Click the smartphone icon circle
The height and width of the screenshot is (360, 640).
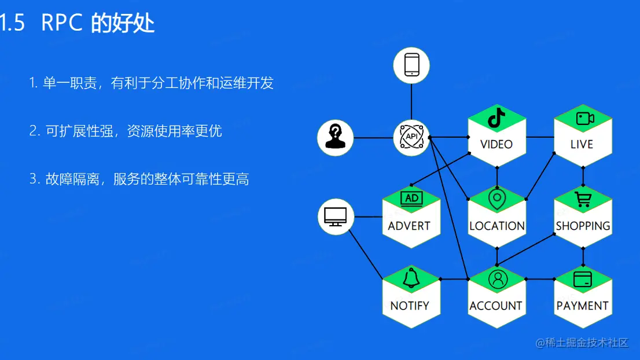(411, 65)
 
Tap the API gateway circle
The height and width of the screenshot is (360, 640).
(411, 138)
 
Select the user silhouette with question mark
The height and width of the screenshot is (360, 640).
(335, 138)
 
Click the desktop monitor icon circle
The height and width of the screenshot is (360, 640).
(336, 216)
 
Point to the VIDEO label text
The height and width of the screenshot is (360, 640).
(496, 144)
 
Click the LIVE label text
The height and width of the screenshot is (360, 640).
(582, 144)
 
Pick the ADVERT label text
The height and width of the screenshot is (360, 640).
(410, 226)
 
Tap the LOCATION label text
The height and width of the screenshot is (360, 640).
(496, 226)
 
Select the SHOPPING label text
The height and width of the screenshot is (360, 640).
(583, 226)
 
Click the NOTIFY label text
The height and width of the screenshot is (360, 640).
(410, 306)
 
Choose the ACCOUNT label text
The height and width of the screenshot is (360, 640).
(496, 306)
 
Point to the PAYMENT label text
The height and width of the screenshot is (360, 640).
(582, 306)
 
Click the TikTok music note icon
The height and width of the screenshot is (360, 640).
(496, 117)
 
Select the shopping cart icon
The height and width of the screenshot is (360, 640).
(583, 200)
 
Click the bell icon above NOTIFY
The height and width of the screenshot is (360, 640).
(411, 278)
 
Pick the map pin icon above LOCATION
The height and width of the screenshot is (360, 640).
(496, 199)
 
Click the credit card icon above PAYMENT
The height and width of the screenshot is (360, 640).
(582, 280)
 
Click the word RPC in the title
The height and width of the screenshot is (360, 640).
(63, 23)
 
